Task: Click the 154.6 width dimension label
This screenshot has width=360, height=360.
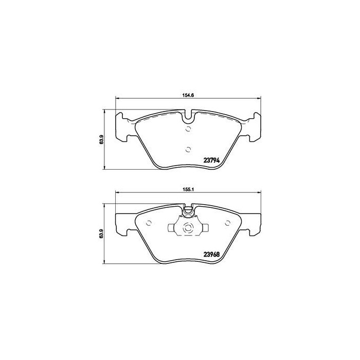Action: click(x=187, y=95)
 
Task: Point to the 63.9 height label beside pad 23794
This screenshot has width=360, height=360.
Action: click(x=103, y=138)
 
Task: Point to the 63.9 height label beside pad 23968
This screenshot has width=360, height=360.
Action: click(x=103, y=233)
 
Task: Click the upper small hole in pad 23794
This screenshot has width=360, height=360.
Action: click(x=188, y=129)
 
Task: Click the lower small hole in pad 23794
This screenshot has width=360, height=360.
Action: click(x=188, y=149)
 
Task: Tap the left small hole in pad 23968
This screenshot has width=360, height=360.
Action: click(x=149, y=223)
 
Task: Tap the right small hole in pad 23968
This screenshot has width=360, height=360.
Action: click(x=227, y=223)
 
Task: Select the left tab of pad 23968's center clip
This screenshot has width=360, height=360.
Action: click(x=171, y=228)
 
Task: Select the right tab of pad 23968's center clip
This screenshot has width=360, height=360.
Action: click(x=205, y=228)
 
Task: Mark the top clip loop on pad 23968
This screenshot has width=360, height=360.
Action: click(x=188, y=210)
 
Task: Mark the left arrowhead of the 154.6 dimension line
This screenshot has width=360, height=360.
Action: click(x=116, y=99)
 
